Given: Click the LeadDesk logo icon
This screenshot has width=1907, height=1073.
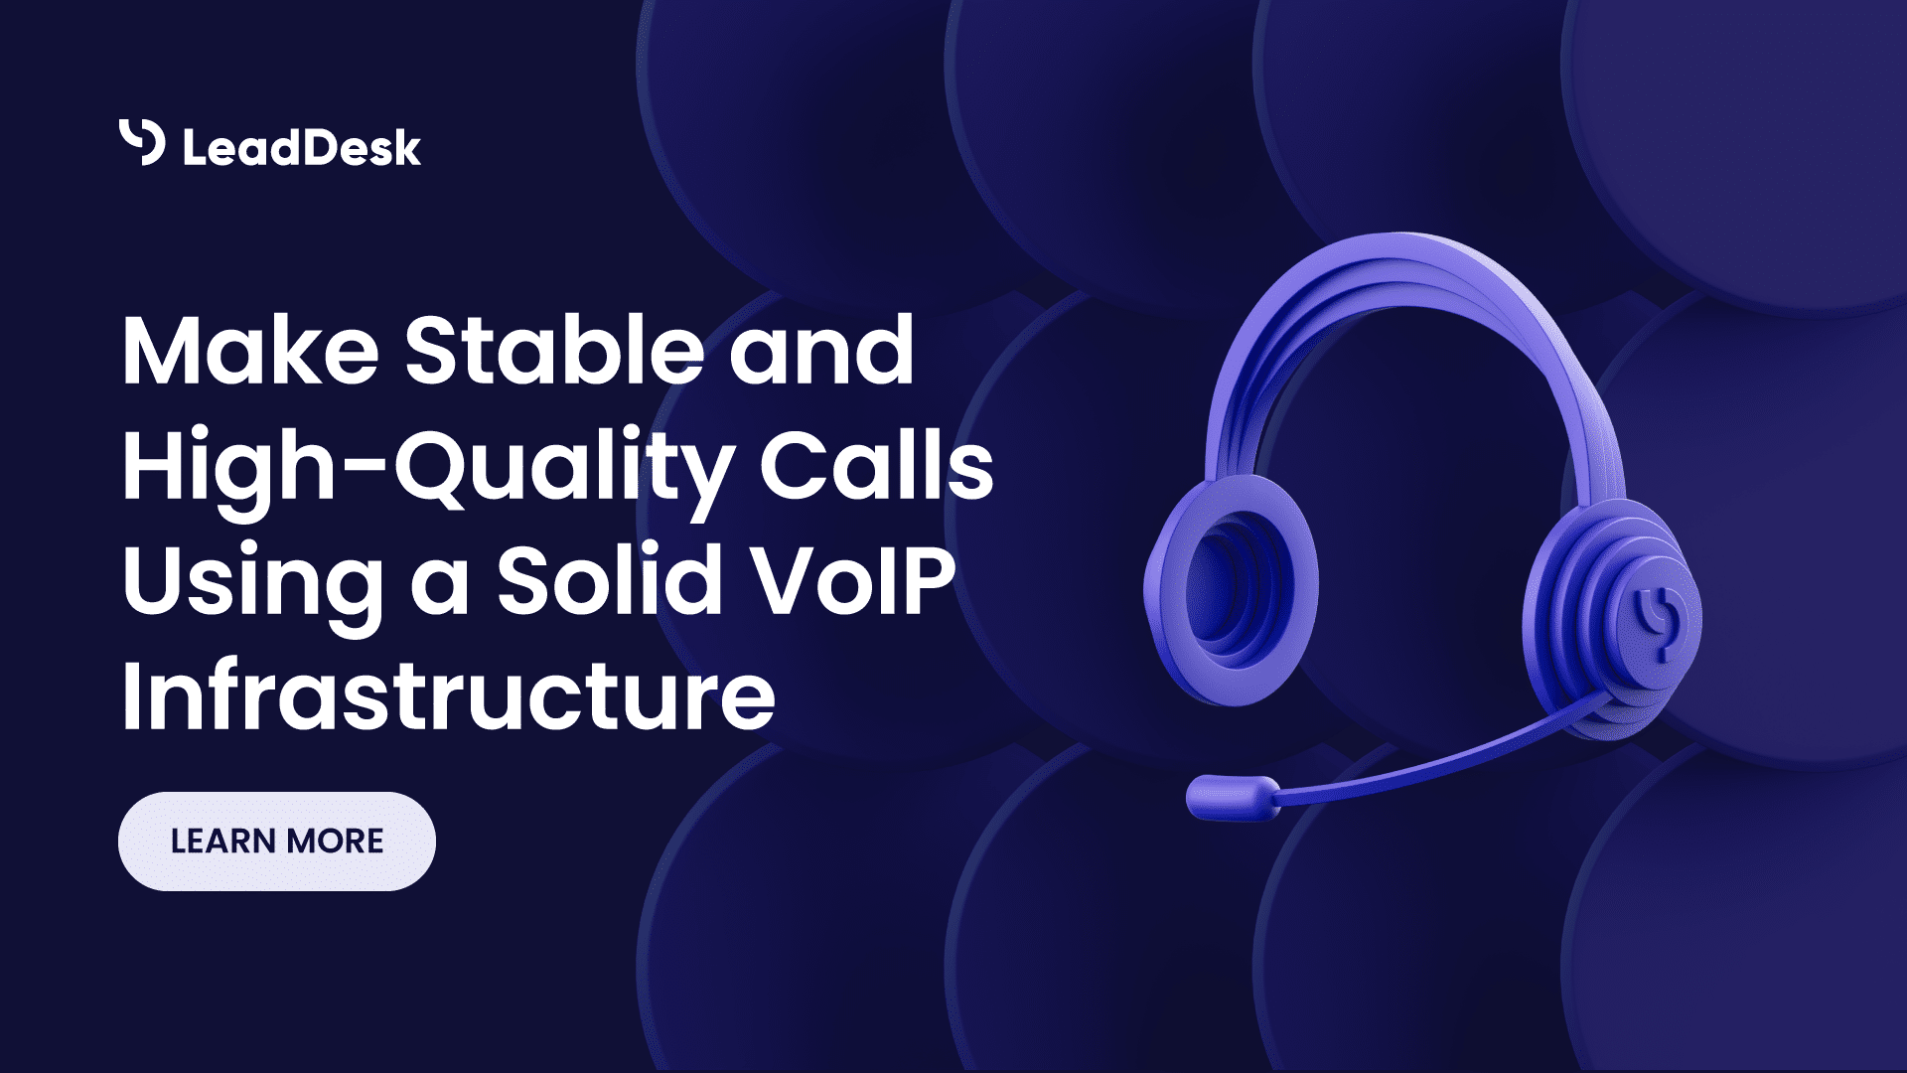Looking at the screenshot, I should coord(142,142).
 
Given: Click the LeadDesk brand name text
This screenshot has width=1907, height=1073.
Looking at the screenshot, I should coord(302,148).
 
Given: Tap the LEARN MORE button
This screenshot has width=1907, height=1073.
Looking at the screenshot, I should coord(276,842).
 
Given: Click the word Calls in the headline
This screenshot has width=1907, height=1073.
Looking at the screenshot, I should coord(876,464).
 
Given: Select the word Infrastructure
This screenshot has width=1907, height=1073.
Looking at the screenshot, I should coord(448,694).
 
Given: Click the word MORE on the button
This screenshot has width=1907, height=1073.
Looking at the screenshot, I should coord(336,842).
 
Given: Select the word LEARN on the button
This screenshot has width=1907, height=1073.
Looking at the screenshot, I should coord(222,842).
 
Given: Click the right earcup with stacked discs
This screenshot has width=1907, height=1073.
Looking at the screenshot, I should coord(1609,616).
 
